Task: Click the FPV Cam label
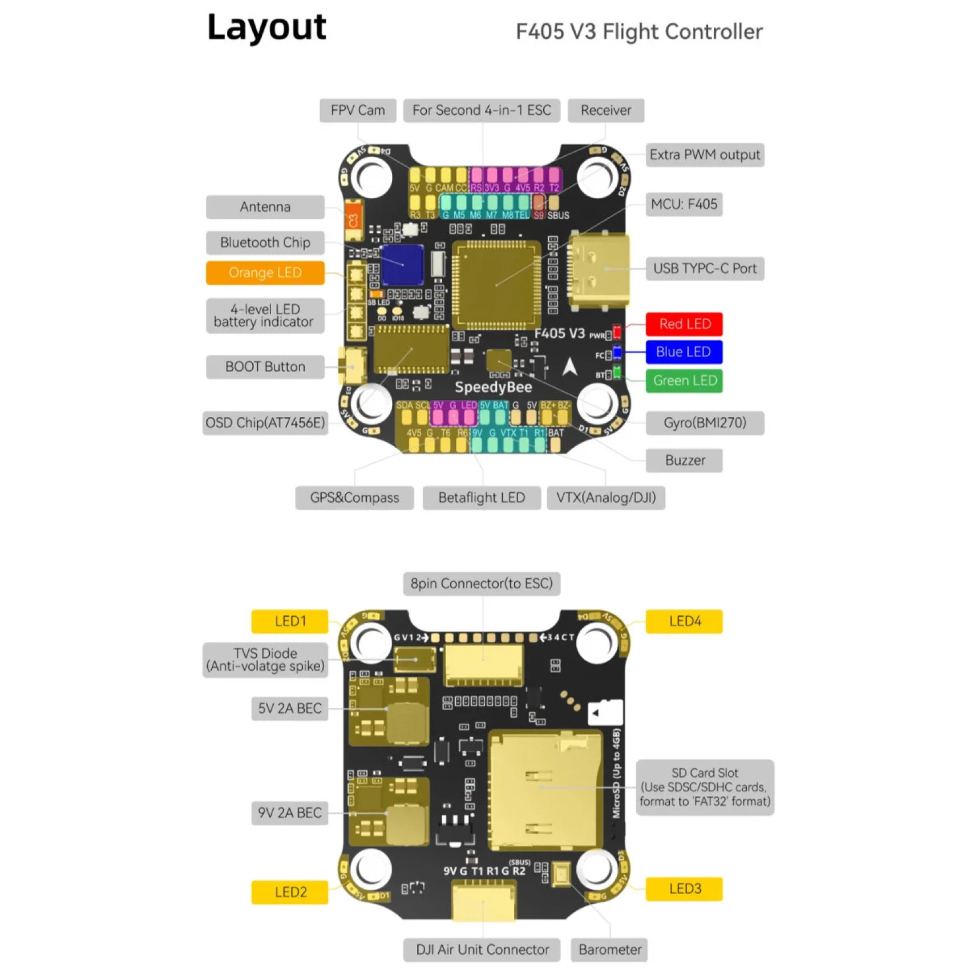click(x=358, y=110)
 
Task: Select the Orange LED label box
click(x=265, y=273)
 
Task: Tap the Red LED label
click(x=684, y=324)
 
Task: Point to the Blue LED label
click(x=684, y=352)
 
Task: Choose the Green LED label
click(x=684, y=381)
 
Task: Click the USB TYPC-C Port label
click(x=705, y=269)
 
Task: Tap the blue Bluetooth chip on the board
click(x=402, y=265)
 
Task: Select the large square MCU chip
click(x=496, y=284)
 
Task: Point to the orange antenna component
click(x=353, y=220)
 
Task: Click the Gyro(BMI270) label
click(x=705, y=423)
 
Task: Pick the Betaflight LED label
click(x=482, y=498)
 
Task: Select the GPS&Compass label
click(x=354, y=498)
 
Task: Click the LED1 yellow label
click(x=290, y=621)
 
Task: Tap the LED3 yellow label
click(x=684, y=889)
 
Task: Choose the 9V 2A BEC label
click(x=290, y=813)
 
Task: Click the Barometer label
click(x=609, y=949)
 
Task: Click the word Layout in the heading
click(x=266, y=27)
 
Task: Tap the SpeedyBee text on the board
click(x=493, y=387)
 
